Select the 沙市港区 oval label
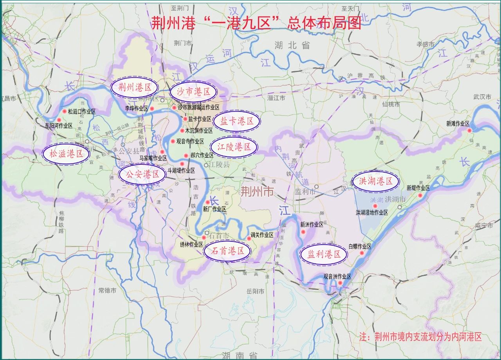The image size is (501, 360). pyautogui.click(x=193, y=92)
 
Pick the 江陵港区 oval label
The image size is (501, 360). pyautogui.click(x=234, y=147)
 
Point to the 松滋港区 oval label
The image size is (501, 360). pyautogui.click(x=67, y=154)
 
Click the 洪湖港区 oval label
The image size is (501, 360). pyautogui.click(x=375, y=182)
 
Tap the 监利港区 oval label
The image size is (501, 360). pyautogui.click(x=324, y=254)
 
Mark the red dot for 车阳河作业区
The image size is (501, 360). pyautogui.click(x=59, y=120)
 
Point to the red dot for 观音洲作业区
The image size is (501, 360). pyautogui.click(x=340, y=283)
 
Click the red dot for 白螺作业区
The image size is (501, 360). pyautogui.click(x=362, y=253)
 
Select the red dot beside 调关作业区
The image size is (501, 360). pyautogui.click(x=249, y=238)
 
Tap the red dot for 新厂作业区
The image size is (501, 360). pyautogui.click(x=208, y=202)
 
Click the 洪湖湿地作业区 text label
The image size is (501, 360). pyautogui.click(x=371, y=212)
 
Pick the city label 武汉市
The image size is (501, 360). pyautogui.click(x=482, y=97)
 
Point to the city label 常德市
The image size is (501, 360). pyautogui.click(x=107, y=290)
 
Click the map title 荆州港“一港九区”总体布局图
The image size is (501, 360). pyautogui.click(x=256, y=23)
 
